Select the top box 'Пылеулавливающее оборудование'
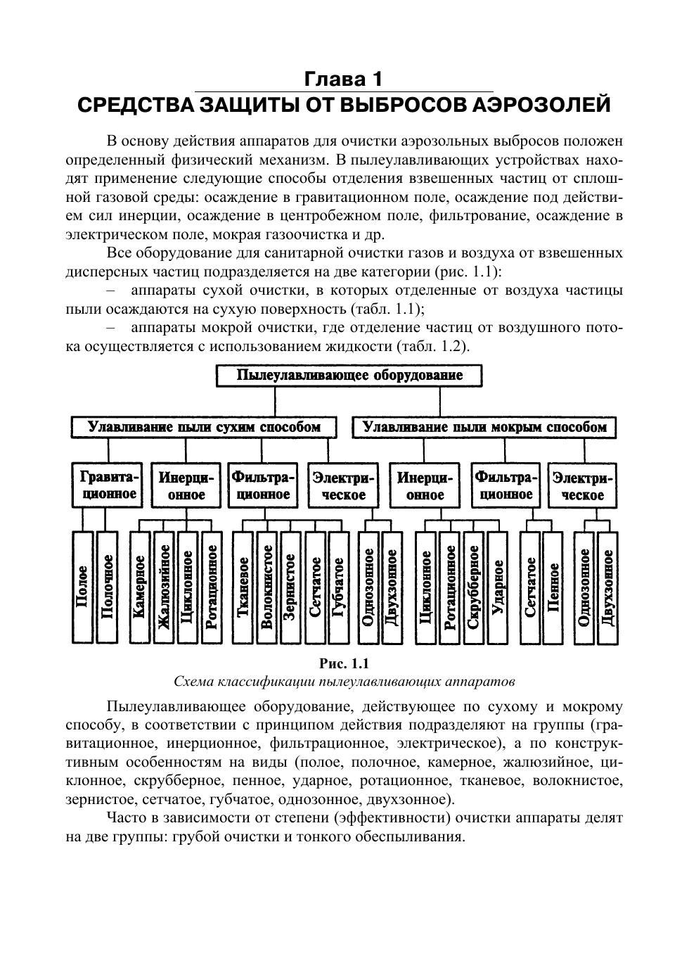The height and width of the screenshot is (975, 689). [x=349, y=376]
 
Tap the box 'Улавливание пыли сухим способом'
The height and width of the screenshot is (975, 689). [x=204, y=427]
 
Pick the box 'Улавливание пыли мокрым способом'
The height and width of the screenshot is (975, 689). [x=484, y=427]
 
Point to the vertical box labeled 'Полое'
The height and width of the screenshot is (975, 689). [x=83, y=587]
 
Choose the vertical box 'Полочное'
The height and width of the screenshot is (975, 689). [x=106, y=587]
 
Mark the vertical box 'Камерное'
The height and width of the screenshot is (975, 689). [x=139, y=587]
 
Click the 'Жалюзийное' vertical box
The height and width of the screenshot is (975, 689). [x=163, y=587]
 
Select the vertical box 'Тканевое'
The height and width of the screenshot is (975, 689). [x=243, y=587]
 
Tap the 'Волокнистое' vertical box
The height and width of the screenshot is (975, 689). [x=266, y=587]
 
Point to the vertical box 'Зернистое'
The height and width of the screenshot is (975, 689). [x=290, y=587]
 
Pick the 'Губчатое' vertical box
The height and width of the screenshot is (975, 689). [x=338, y=587]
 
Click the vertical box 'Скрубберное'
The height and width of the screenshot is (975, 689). [x=473, y=587]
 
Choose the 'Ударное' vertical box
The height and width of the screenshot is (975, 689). [x=497, y=587]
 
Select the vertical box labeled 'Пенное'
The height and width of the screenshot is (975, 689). [x=553, y=587]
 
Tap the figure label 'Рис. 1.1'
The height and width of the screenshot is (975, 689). [x=344, y=663]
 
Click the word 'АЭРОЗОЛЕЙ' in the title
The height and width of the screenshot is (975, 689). [x=541, y=106]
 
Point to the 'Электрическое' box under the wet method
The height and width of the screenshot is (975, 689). [x=582, y=485]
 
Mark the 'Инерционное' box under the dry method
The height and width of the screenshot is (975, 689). [x=186, y=485]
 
